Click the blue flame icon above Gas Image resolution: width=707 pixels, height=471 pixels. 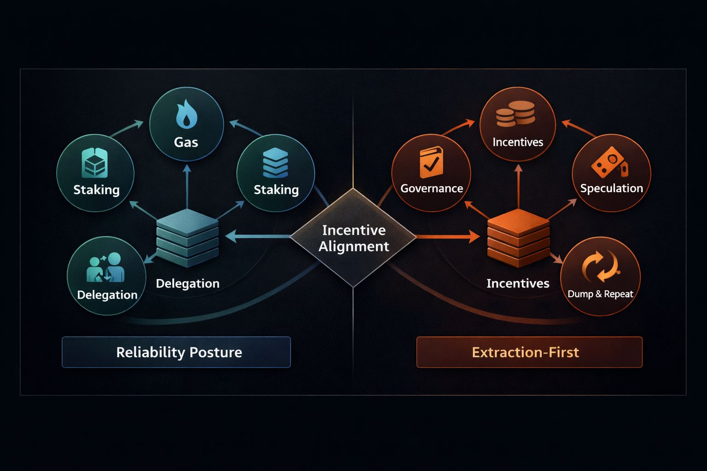tap(186, 114)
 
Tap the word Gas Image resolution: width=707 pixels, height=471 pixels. tap(186, 142)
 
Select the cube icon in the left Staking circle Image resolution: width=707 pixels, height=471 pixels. tap(95, 163)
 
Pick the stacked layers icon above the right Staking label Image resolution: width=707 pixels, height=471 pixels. tap(275, 162)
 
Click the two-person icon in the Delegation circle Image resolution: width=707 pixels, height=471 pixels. tap(106, 267)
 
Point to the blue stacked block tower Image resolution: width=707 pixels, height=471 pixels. tap(187, 238)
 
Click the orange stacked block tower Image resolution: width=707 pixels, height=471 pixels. tap(518, 238)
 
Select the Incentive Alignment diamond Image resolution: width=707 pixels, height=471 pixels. tap(353, 238)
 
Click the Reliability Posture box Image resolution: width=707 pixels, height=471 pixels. tap(176, 352)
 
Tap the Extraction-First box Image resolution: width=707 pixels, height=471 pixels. tap(529, 352)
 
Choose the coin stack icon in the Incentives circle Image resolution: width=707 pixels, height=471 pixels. tap(516, 114)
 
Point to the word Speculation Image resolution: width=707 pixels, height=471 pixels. tap(611, 188)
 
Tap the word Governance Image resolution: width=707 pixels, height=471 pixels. tap(431, 188)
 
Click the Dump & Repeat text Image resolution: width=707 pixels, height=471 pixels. tap(600, 294)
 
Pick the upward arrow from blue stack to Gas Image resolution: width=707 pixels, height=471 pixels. tap(187, 186)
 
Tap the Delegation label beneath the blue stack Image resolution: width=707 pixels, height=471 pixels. tap(187, 283)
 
